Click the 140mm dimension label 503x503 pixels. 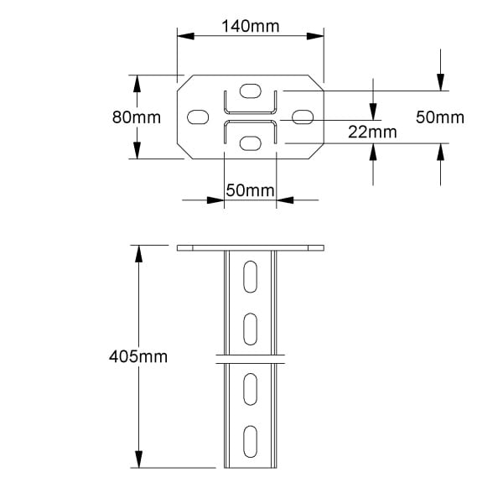pyautogui.click(x=251, y=26)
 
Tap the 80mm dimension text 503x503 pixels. pyautogui.click(x=137, y=117)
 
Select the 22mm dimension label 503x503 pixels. pyautogui.click(x=372, y=132)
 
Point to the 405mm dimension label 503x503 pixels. pyautogui.click(x=138, y=356)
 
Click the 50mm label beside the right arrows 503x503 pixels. pyautogui.click(x=440, y=117)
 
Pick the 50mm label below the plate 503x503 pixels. pyautogui.click(x=250, y=190)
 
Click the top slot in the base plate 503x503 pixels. pyautogui.click(x=250, y=91)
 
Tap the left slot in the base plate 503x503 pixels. pyautogui.click(x=198, y=117)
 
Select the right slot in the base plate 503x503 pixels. pyautogui.click(x=303, y=117)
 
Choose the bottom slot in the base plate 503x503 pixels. pyautogui.click(x=250, y=143)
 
